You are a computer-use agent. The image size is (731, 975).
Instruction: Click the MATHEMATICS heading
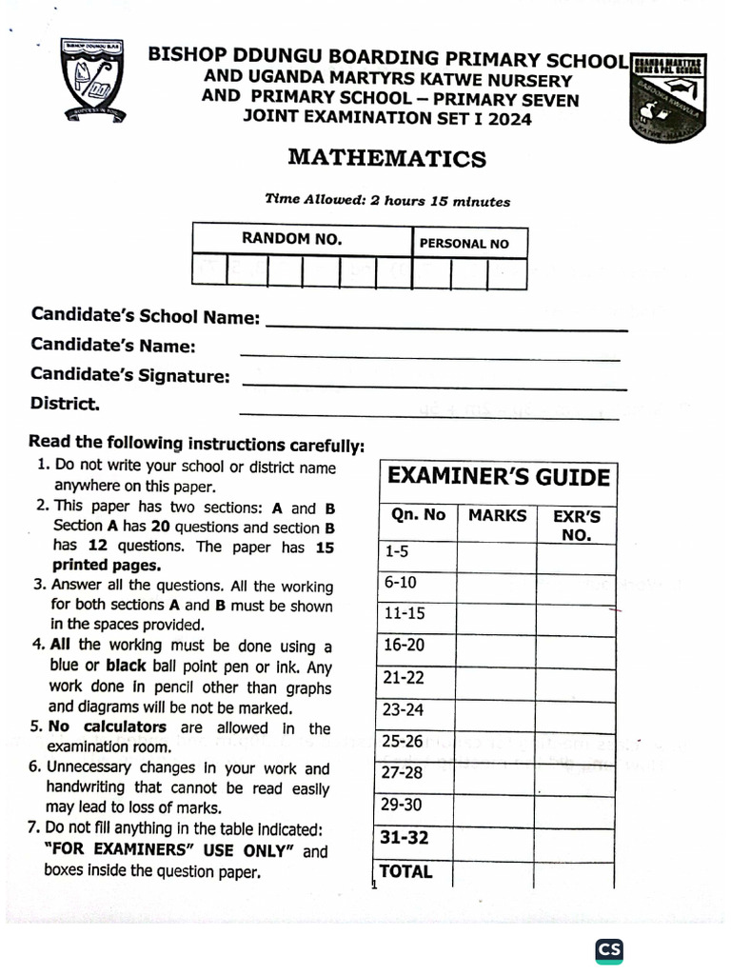pyautogui.click(x=386, y=158)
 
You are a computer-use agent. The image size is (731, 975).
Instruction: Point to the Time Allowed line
pyautogui.click(x=386, y=201)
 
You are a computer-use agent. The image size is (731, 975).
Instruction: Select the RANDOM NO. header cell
pyautogui.click(x=291, y=239)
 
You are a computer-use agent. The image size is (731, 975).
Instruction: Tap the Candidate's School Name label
pyautogui.click(x=145, y=316)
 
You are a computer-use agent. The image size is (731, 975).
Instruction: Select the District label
pyautogui.click(x=65, y=404)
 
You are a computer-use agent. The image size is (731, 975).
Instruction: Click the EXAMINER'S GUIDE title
pyautogui.click(x=498, y=477)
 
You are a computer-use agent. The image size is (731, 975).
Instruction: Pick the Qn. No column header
pyautogui.click(x=418, y=515)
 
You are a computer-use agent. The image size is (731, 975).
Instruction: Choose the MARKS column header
pyautogui.click(x=497, y=515)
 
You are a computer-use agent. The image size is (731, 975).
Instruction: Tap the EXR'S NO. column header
pyautogui.click(x=577, y=525)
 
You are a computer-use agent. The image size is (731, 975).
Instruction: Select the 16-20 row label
pyautogui.click(x=404, y=646)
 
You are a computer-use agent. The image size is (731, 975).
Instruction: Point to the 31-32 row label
pyautogui.click(x=405, y=838)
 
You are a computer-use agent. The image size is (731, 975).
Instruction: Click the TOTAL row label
pyautogui.click(x=405, y=871)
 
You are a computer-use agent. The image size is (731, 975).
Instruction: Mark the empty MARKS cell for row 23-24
pyautogui.click(x=497, y=710)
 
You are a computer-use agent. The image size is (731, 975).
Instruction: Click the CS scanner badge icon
pyautogui.click(x=609, y=949)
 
